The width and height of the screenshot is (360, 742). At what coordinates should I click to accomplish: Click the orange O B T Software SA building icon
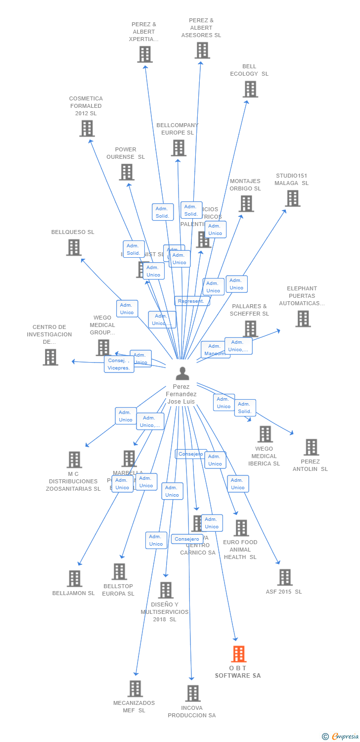coord(239,654)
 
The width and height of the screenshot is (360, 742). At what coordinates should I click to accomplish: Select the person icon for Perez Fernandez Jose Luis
coord(182,373)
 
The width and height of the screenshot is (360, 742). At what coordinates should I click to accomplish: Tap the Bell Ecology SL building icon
coord(250,89)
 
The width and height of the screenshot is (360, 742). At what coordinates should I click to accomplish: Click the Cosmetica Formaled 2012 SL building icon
coord(87,128)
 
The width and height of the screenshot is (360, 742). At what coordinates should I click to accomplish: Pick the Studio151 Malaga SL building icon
coord(293,198)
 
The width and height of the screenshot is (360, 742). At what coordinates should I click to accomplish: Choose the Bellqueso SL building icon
coord(74,247)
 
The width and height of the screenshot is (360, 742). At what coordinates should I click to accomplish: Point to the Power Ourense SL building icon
coord(127,172)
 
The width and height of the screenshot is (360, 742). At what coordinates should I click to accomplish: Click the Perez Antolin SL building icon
coord(311,447)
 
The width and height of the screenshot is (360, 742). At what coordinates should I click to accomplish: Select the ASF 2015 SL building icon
coord(284,577)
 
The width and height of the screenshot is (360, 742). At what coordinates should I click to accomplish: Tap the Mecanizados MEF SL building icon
coord(135,689)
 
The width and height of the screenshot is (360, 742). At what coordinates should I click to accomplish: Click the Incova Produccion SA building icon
coord(193,693)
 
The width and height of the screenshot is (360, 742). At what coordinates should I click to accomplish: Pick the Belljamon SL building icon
coord(74,578)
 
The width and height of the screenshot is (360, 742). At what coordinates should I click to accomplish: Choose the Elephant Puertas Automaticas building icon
coord(303,319)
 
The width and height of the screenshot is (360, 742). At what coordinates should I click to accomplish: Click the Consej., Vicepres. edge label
coord(119,364)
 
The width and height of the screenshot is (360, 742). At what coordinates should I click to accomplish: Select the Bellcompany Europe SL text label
coord(178,129)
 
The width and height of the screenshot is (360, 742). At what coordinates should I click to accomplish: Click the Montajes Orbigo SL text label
coord(245,185)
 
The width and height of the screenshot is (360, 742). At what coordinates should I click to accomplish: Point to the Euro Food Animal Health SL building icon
coord(241,528)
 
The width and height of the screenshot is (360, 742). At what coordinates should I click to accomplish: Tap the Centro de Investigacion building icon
coord(50,357)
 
